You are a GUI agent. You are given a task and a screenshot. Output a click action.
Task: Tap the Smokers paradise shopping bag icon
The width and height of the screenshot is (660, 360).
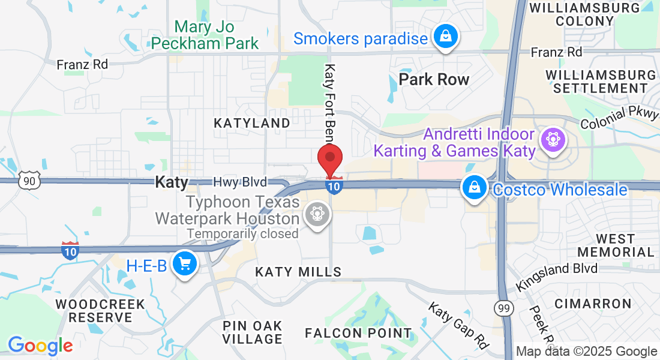tap(446, 37)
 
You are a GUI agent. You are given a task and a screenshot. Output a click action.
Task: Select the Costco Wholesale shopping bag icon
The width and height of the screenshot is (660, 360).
tap(475, 188)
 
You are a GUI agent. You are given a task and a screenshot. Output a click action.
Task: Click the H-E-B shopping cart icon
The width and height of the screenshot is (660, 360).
tap(184, 263)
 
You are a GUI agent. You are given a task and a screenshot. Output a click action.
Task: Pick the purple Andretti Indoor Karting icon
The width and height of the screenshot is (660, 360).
tap(552, 140)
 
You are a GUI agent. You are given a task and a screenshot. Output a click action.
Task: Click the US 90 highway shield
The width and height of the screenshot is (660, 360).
tap(30, 180)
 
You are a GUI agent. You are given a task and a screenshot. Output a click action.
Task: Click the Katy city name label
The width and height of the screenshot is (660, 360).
tap(172, 182)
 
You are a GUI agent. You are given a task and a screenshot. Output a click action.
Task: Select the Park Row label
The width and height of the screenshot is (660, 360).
tap(434, 79)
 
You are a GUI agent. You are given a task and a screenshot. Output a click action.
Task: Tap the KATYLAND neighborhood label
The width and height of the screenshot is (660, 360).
tap(252, 123)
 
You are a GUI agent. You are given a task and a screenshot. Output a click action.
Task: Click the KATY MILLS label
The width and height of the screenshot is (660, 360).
tap(298, 272)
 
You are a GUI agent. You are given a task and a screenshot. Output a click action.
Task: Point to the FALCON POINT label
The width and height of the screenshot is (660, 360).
tap(358, 333)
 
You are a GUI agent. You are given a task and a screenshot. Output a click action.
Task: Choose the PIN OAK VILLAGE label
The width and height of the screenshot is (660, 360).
tap(252, 332)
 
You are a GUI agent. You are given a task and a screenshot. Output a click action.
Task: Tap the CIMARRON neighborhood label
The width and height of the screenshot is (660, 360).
tap(593, 304)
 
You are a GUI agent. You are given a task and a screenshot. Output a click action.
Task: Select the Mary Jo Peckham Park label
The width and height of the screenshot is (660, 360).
tap(205, 35)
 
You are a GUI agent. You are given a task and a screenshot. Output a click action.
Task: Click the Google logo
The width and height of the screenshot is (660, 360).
tap(40, 346)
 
